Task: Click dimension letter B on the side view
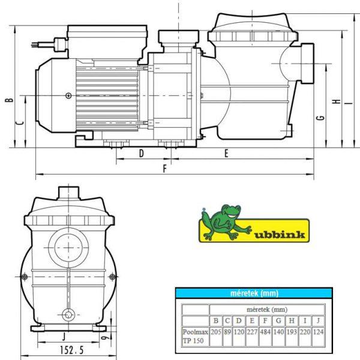point(10,100)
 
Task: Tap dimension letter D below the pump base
point(142,153)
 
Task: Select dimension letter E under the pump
point(226,154)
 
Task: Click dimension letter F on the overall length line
point(164,169)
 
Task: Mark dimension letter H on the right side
point(337,101)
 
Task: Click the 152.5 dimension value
point(72,350)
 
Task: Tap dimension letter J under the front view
point(64,337)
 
